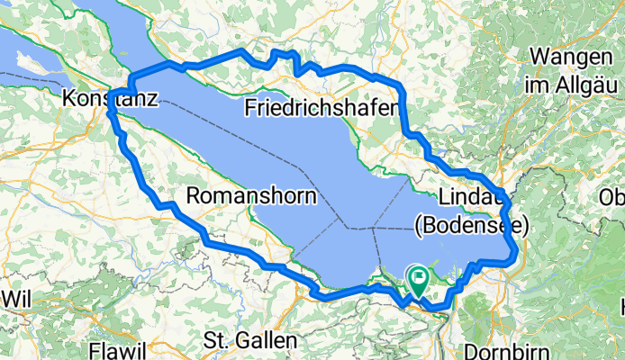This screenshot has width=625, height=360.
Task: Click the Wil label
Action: [19, 296]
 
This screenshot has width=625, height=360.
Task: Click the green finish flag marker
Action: [419, 280]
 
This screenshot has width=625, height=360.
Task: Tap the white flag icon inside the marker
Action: [419, 276]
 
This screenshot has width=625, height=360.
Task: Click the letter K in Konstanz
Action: [69, 99]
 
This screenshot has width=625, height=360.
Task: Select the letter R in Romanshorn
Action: [193, 195]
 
